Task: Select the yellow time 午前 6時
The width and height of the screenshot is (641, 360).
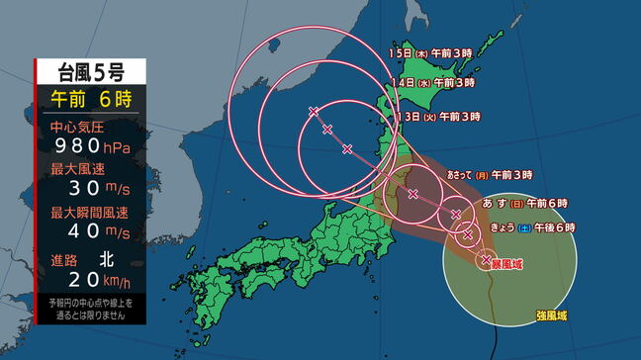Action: (90, 99)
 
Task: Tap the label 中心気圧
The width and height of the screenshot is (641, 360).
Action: (77, 127)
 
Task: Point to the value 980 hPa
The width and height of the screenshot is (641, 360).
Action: (90, 146)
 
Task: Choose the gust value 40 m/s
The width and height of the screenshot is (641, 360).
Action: (90, 230)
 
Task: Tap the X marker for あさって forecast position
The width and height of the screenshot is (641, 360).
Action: (412, 193)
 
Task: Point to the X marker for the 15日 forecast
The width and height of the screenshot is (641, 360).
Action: (314, 111)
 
